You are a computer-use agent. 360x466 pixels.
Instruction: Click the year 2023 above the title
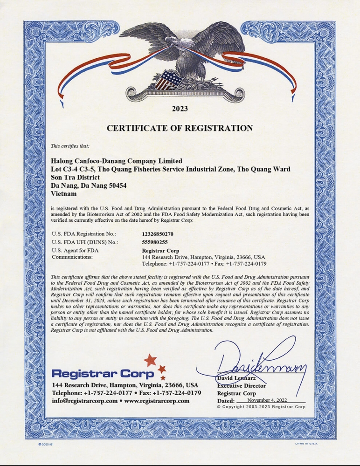pos(180,109)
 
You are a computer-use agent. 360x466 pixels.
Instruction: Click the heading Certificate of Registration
pos(180,128)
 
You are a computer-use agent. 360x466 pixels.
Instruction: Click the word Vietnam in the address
pos(64,193)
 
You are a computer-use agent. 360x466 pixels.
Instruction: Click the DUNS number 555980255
pos(155,242)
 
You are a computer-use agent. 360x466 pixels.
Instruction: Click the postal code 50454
pos(117,185)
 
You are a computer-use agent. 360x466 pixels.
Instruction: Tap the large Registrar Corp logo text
pos(103,373)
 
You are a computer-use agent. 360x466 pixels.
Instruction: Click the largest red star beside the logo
pos(150,360)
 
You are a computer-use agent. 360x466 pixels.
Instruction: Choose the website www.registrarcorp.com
pos(157,401)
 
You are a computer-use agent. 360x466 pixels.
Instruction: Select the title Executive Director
pos(241,385)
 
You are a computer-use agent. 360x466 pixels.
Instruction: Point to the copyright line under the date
pos(261,407)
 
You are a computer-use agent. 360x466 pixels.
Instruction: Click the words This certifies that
pos(69,146)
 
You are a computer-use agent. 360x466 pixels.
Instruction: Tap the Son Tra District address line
pos(75,177)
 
